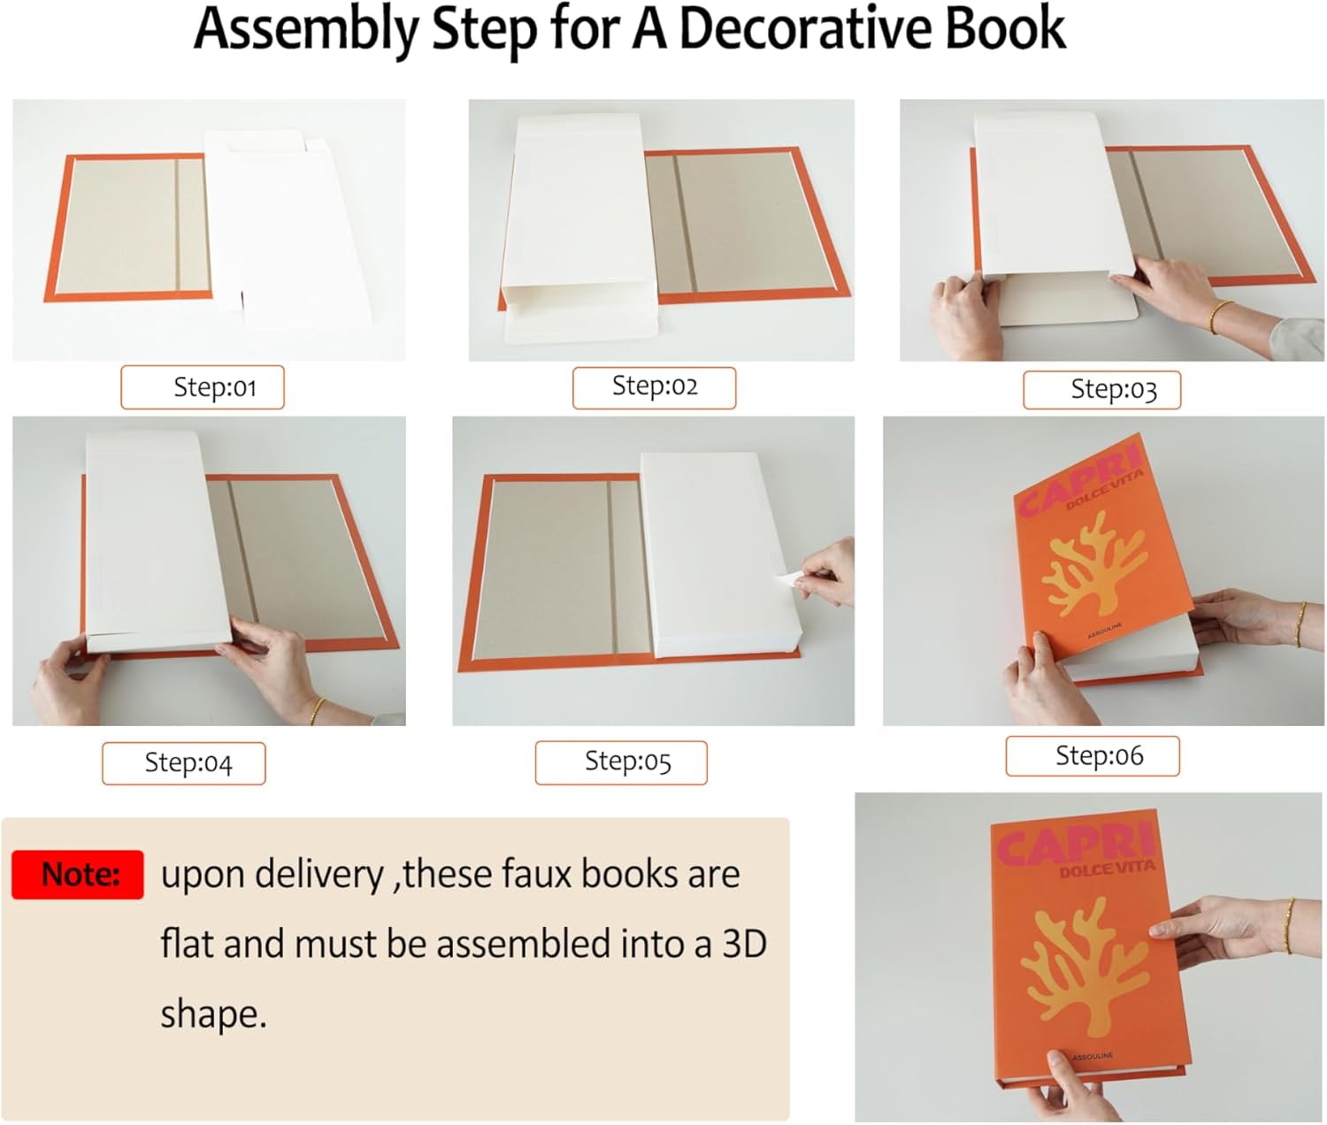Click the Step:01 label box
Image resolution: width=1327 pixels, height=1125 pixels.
click(203, 387)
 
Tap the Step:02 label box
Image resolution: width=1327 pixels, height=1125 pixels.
click(654, 387)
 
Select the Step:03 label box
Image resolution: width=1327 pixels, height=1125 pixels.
click(1101, 390)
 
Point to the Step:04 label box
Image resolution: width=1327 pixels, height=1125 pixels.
click(183, 763)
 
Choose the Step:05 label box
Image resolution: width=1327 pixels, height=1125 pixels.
click(621, 762)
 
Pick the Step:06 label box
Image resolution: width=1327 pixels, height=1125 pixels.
click(1093, 756)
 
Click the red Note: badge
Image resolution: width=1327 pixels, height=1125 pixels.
click(78, 875)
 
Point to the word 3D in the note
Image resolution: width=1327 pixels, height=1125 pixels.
click(744, 944)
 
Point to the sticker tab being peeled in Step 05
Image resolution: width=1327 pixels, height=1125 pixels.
click(786, 580)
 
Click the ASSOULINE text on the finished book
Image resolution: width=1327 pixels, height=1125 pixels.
click(1093, 1057)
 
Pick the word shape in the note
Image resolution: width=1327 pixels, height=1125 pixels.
click(211, 1014)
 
